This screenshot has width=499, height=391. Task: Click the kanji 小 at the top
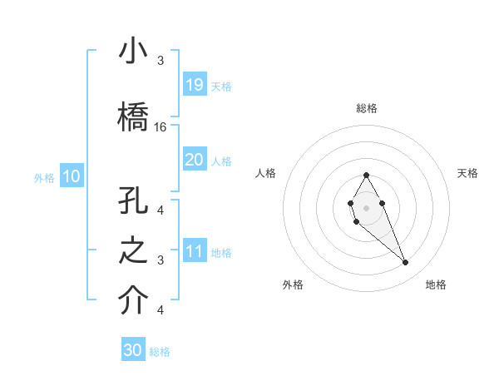pos(133,52)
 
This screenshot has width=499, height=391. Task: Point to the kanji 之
pos(133,252)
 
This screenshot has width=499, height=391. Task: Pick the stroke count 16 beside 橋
pos(161,127)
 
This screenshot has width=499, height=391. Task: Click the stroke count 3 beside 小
pos(161,61)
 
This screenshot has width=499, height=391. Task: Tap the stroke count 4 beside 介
pos(161,310)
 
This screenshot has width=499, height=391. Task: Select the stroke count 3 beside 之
pos(161,260)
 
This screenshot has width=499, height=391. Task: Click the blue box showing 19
pos(195,85)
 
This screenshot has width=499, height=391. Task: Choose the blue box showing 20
pos(195,160)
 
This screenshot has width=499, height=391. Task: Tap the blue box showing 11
pos(195,251)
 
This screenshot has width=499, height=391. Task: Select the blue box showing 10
pos(71,176)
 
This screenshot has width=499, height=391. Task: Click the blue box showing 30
pos(133,350)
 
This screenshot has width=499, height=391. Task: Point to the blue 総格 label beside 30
pos(161,352)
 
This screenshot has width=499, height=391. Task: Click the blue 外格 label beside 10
pos(44,177)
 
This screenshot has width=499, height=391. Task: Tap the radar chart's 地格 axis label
pos(436,285)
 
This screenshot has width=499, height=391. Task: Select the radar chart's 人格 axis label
pos(265,173)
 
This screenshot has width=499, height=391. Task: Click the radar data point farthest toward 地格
pos(405,263)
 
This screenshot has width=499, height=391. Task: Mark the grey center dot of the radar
pos(366,207)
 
